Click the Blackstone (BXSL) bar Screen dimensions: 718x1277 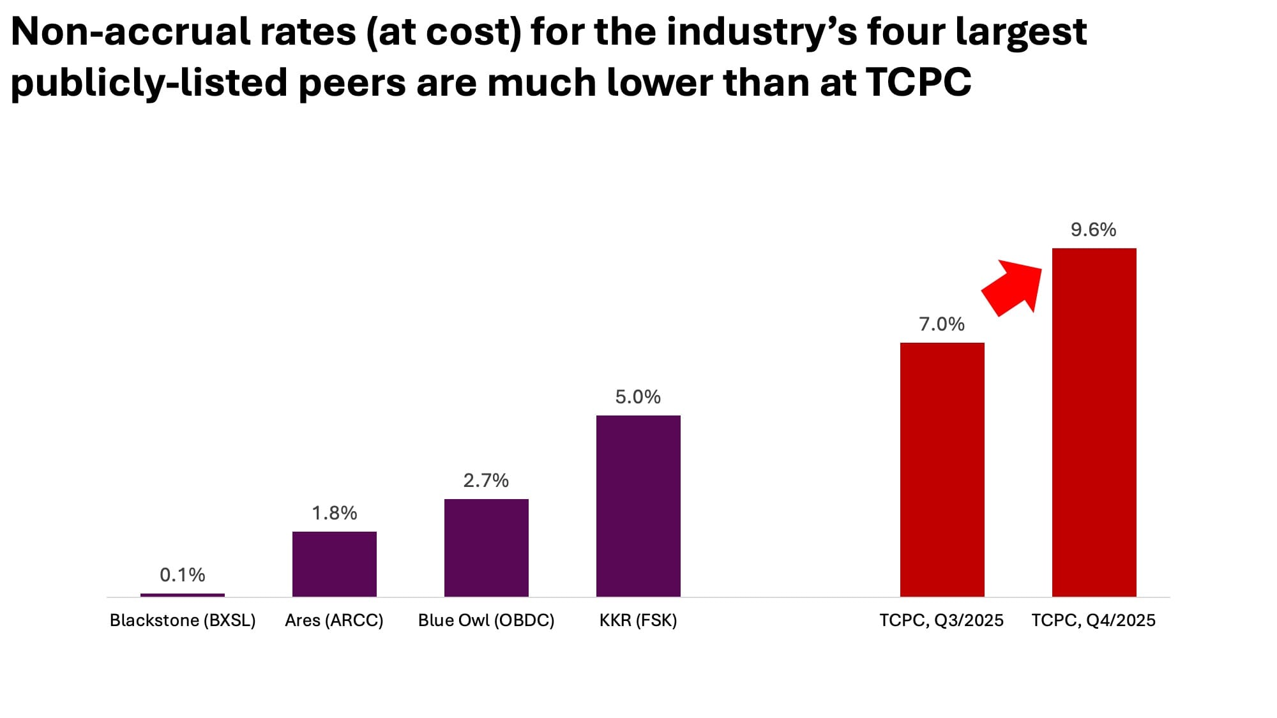(x=183, y=595)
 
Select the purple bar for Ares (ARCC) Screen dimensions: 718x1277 (x=335, y=564)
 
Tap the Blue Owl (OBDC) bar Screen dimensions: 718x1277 (x=487, y=548)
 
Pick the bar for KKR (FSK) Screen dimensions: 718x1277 (x=638, y=506)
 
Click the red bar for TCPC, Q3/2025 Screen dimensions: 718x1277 (x=942, y=470)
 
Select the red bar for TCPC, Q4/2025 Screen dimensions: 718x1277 (x=1094, y=423)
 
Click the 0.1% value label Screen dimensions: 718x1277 (x=183, y=575)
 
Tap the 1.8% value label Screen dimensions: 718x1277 (x=335, y=513)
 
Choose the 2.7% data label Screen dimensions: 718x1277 (x=487, y=481)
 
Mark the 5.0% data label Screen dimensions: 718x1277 (x=638, y=397)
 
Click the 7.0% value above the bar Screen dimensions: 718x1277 (x=942, y=324)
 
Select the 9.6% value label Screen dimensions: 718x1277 (x=1094, y=230)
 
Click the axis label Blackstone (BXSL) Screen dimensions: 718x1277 (x=183, y=620)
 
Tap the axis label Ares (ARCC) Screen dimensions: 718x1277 (x=334, y=620)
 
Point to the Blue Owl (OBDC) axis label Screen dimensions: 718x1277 (x=487, y=620)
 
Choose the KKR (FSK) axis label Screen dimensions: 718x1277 (x=638, y=620)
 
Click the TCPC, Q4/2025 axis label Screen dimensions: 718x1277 (x=1094, y=620)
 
